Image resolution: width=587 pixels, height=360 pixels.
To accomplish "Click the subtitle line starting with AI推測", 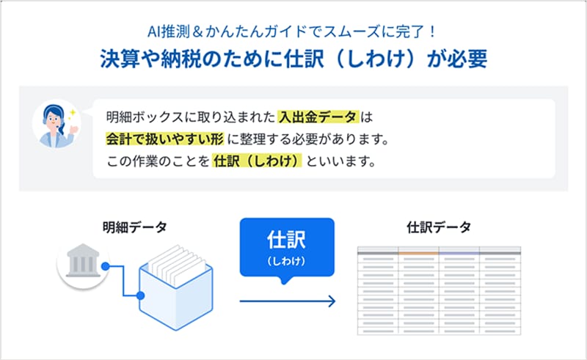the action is point(292,32).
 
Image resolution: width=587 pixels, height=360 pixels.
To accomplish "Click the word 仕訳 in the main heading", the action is point(304,59).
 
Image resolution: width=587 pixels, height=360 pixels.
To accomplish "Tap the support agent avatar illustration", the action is point(56,124).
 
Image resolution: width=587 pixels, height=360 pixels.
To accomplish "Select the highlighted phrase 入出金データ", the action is point(318,117).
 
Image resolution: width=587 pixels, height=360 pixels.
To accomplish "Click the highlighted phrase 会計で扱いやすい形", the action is point(164,139).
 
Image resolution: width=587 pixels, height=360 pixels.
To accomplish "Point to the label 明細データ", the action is point(135,227).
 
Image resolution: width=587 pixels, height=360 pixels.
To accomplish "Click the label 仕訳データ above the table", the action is point(439,227).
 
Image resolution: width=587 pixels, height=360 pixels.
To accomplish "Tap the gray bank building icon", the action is point(83,261).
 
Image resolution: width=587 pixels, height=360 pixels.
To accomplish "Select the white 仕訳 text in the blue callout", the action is point(286,239).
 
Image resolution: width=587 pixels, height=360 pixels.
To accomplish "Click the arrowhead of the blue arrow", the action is point(332,301).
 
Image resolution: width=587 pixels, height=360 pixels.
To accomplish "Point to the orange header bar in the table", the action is point(418,254).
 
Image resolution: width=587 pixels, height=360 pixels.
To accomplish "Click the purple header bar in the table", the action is point(459,254).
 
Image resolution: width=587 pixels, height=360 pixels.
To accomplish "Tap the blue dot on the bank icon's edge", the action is point(105,266).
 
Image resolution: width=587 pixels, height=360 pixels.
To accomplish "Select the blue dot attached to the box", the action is point(140,295).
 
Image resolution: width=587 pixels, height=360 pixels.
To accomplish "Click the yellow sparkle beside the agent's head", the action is point(71,114).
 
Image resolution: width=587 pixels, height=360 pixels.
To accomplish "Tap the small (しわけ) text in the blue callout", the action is point(286,261).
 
